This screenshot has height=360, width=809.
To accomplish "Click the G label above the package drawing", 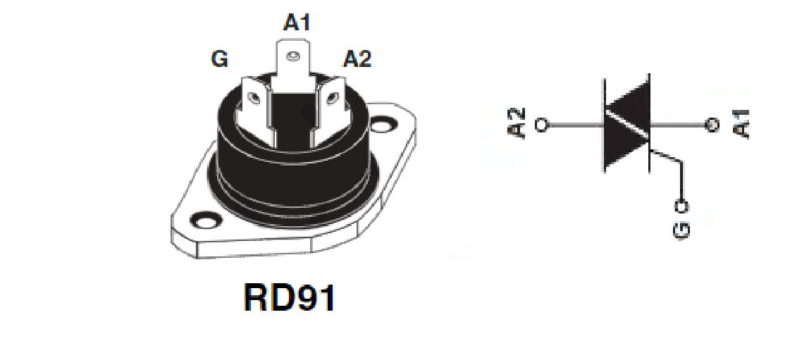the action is (x=219, y=58).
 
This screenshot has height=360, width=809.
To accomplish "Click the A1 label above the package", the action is (x=297, y=23).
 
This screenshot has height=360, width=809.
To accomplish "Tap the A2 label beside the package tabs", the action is (x=357, y=58).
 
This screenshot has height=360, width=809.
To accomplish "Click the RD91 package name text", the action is (x=290, y=297).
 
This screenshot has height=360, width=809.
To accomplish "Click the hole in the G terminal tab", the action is (x=253, y=97).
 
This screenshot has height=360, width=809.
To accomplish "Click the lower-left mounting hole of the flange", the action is (x=206, y=221).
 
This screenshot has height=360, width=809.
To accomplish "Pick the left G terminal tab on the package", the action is (x=255, y=103).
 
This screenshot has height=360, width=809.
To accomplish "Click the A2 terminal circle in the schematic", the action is (x=542, y=125).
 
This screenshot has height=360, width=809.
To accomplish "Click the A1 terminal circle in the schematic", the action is (x=712, y=125).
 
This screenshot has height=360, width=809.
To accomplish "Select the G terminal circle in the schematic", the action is (x=682, y=206).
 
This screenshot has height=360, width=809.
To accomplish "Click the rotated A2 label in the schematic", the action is (x=517, y=124).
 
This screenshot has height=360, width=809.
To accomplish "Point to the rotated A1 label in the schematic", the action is (x=741, y=124).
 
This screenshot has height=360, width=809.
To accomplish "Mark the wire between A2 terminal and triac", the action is (x=575, y=125).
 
